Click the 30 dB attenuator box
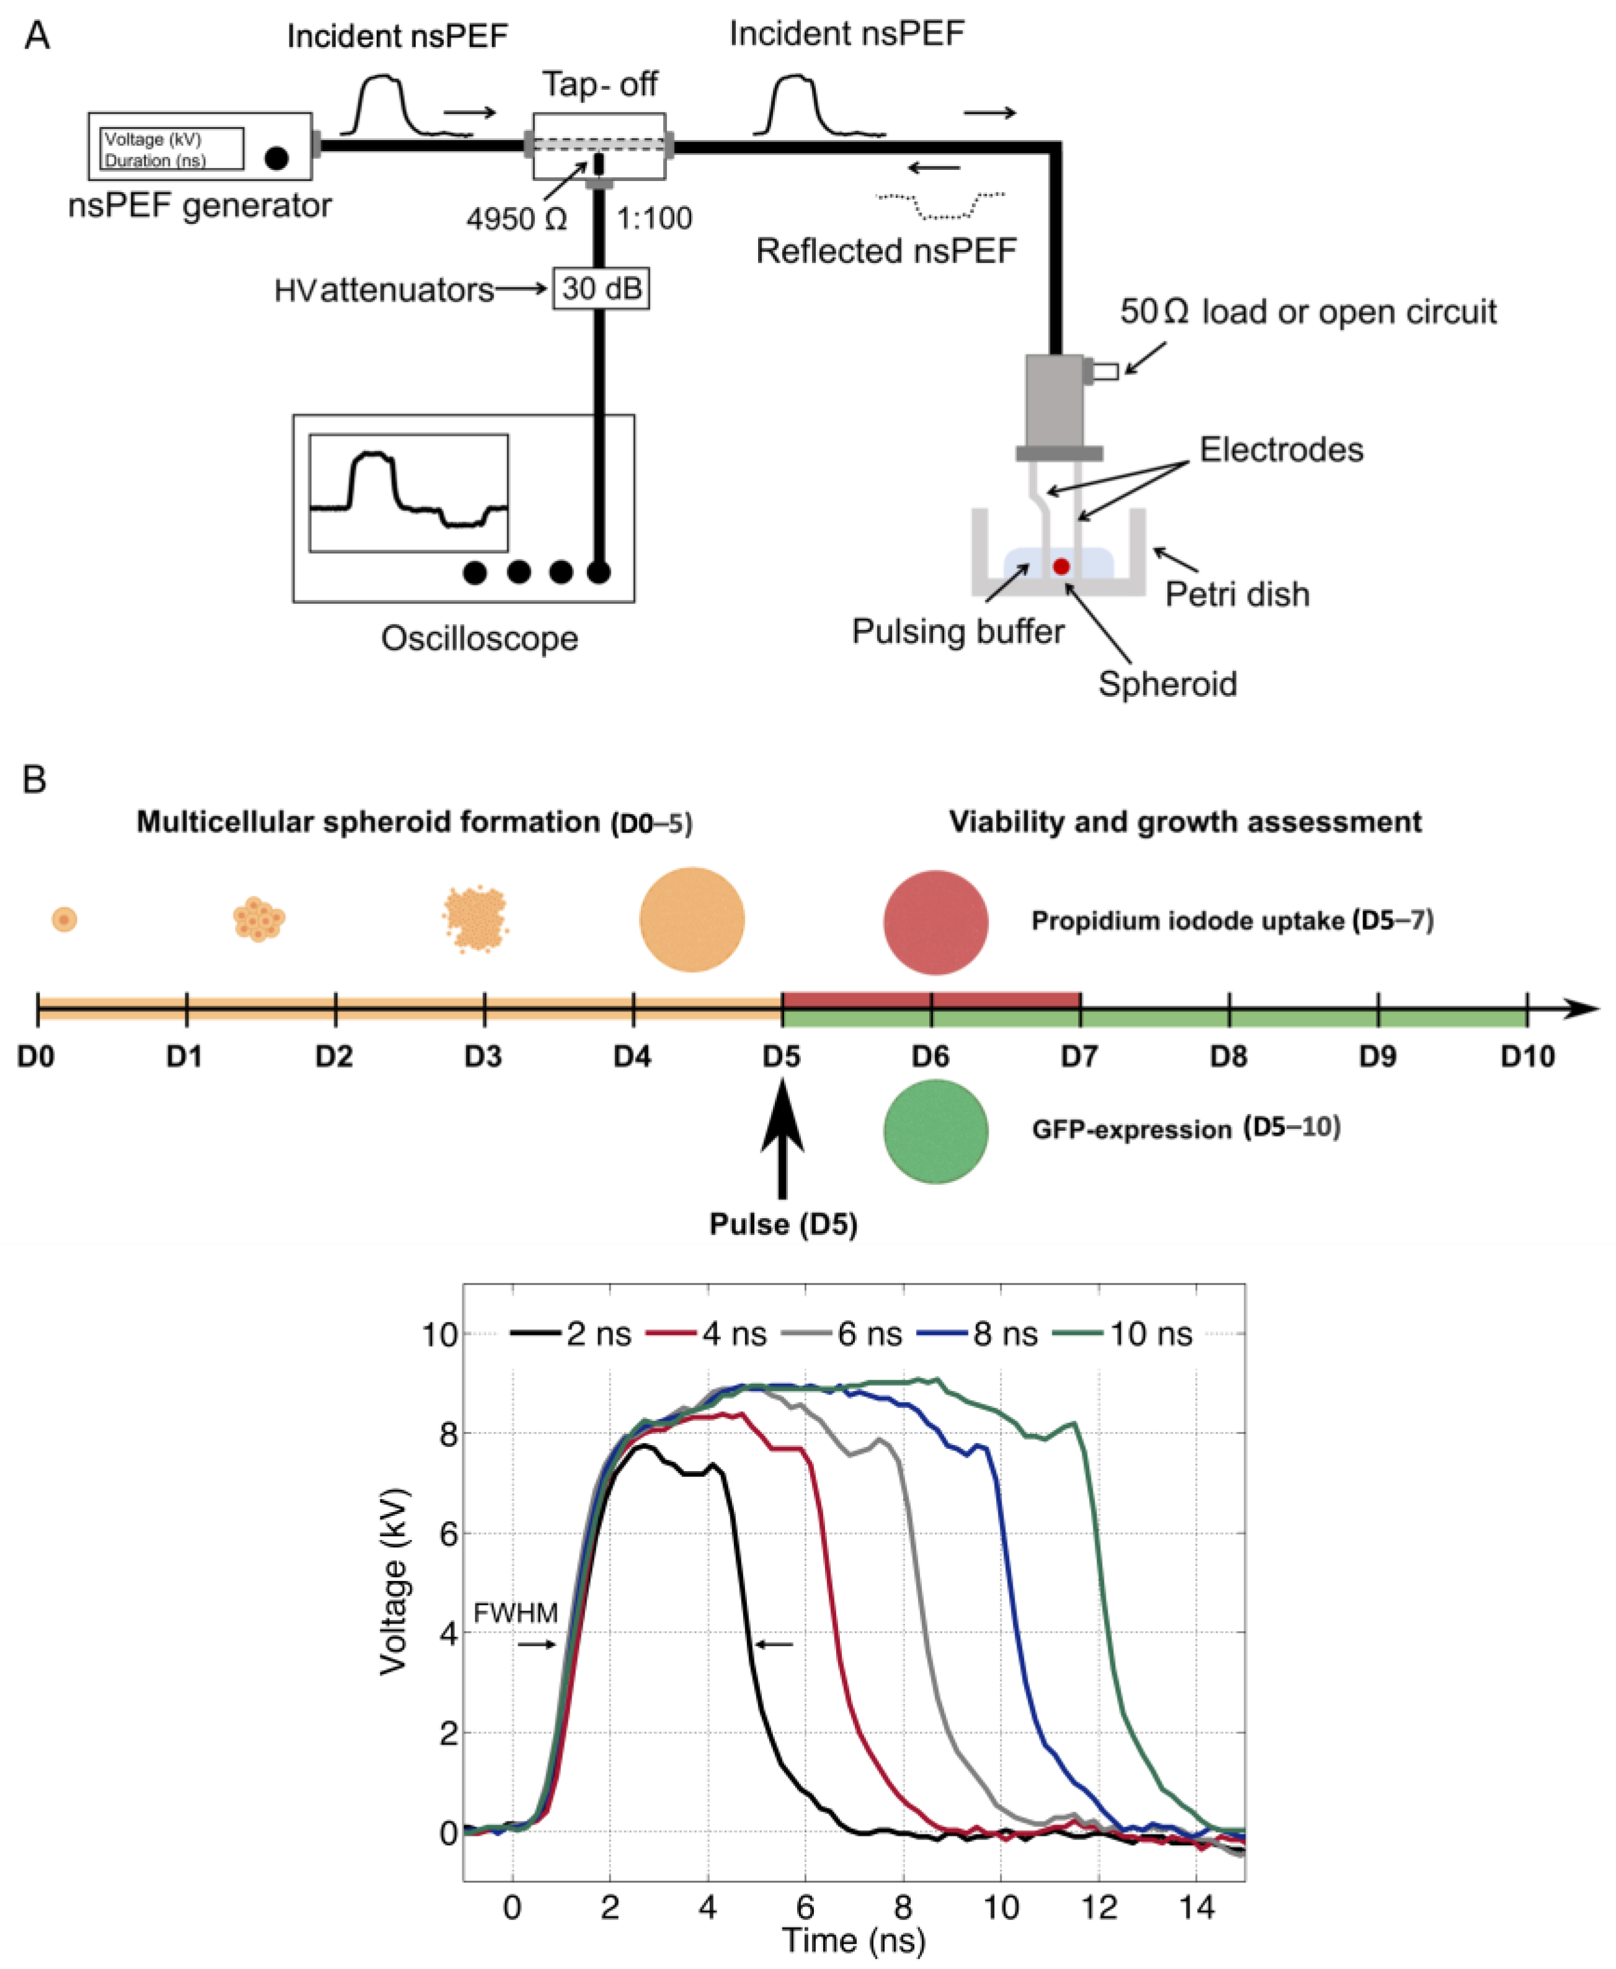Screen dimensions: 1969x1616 601,289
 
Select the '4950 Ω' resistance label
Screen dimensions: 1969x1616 516,219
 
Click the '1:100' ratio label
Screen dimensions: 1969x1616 655,219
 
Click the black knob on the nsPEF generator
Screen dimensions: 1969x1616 276,158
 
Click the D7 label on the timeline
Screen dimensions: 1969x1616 1079,1056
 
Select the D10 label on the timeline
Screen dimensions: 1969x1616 1527,1056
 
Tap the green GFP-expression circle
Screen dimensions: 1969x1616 935,1131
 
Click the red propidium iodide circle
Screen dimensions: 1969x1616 935,922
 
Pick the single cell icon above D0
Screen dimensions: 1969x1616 63,920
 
